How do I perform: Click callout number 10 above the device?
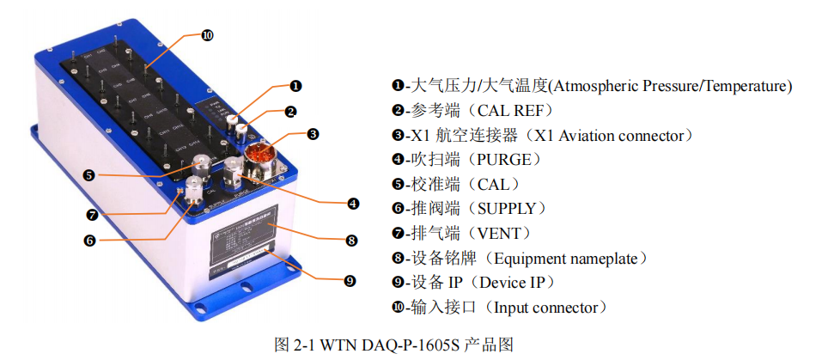(207, 35)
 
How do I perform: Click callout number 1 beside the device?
(295, 86)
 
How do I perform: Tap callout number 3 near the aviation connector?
(313, 134)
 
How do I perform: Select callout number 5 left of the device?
(89, 175)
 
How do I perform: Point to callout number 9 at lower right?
(350, 280)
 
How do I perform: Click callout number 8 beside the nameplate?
(351, 241)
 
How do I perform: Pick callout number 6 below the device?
(88, 241)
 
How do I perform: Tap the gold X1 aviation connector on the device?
(259, 156)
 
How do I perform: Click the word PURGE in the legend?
(500, 160)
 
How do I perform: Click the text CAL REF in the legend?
(507, 111)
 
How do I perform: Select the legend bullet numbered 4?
(398, 160)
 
